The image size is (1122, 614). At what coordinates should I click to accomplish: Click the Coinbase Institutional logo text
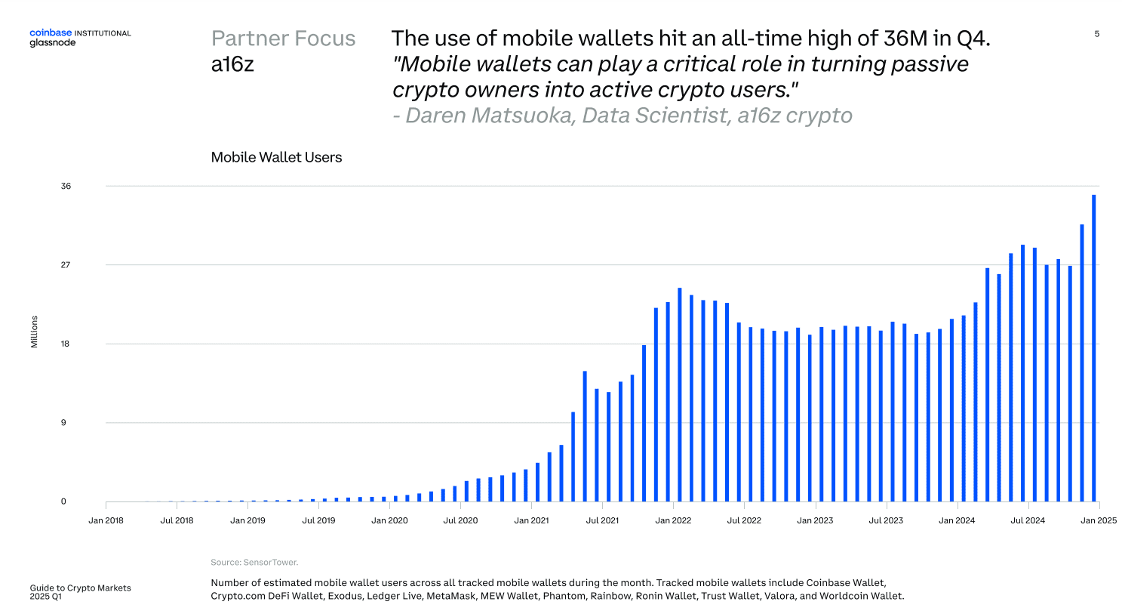pyautogui.click(x=79, y=33)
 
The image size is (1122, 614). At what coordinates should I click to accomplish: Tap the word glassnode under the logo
pyautogui.click(x=52, y=43)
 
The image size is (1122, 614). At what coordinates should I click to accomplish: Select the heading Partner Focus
pyautogui.click(x=283, y=39)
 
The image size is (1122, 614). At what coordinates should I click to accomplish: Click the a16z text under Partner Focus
pyautogui.click(x=232, y=64)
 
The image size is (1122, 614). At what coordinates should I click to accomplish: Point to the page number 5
pyautogui.click(x=1096, y=34)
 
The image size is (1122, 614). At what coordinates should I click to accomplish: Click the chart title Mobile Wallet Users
pyautogui.click(x=276, y=157)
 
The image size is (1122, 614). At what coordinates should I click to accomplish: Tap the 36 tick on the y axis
pyautogui.click(x=66, y=186)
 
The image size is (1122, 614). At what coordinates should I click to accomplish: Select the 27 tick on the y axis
pyautogui.click(x=66, y=265)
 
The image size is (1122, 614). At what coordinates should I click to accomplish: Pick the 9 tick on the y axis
pyautogui.click(x=63, y=422)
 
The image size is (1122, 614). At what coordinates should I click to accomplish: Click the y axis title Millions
pyautogui.click(x=34, y=332)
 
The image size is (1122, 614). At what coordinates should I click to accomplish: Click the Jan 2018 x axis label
pyautogui.click(x=106, y=520)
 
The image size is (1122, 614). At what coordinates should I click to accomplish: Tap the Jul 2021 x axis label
pyautogui.click(x=602, y=520)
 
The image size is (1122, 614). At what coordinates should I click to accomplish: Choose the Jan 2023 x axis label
pyautogui.click(x=815, y=520)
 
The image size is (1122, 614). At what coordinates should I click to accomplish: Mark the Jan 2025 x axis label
pyautogui.click(x=1098, y=520)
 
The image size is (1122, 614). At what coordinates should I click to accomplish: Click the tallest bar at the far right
pyautogui.click(x=1093, y=347)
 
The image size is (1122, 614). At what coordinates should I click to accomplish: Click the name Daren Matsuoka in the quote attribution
pyautogui.click(x=489, y=116)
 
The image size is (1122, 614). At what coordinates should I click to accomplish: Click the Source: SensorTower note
pyautogui.click(x=254, y=562)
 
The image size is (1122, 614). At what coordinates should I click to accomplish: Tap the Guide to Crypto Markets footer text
pyautogui.click(x=80, y=588)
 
